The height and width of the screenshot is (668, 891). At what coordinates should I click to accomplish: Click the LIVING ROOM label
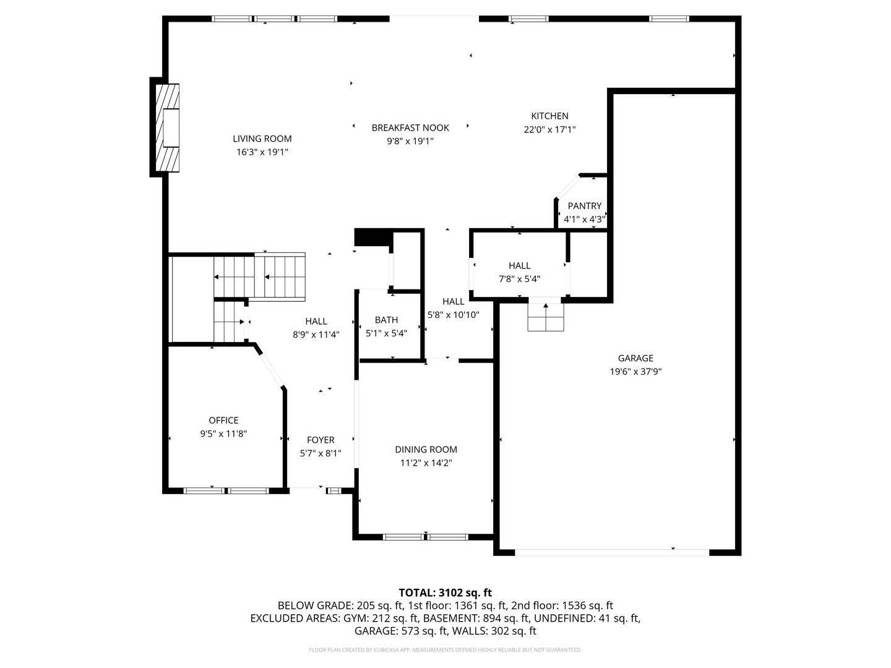coord(262,139)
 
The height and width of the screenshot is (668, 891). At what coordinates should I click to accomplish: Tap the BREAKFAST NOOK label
coord(410,127)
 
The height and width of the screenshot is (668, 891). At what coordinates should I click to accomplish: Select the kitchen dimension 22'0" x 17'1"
coord(549,129)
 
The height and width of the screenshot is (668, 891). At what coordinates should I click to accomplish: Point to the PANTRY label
coord(584,206)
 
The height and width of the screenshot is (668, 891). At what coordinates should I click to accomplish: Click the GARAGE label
coord(635,358)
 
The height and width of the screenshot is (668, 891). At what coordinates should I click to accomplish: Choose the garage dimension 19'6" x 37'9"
coord(635,372)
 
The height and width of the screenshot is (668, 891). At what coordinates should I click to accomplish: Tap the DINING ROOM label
coord(426,450)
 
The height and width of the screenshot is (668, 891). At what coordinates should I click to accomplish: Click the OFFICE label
coord(223,421)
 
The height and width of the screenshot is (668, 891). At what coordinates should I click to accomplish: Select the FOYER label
coord(321,440)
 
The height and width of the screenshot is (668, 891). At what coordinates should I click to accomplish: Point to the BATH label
coord(386,320)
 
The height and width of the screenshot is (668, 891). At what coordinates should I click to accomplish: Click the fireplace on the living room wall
coord(167,127)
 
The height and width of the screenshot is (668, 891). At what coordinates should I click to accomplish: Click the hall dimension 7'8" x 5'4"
coord(519,278)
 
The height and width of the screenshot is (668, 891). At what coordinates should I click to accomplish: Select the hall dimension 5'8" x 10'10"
coord(453,315)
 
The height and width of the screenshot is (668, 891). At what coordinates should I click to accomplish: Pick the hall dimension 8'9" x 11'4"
coord(316,335)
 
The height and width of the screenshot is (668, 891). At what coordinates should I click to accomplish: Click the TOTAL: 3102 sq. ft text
coord(445,593)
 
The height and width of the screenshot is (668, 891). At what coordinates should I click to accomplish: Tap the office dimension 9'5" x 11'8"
coord(223,434)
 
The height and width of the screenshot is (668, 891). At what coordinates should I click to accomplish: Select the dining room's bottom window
coord(426,536)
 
